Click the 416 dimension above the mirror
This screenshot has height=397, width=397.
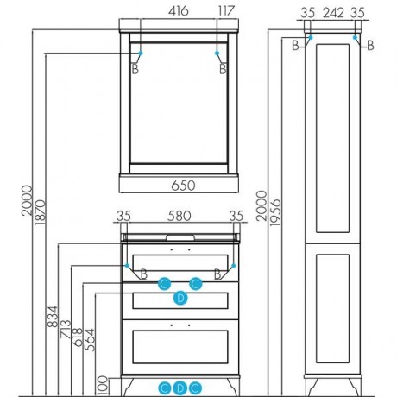(x=179, y=11)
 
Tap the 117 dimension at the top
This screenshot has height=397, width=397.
(x=226, y=11)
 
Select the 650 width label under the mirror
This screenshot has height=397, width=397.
(x=183, y=186)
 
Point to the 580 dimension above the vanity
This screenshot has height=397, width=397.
(x=180, y=216)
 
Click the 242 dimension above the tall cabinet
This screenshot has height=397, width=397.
(x=333, y=13)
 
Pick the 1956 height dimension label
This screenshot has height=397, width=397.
(x=275, y=212)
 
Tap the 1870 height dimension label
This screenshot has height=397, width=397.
(x=40, y=212)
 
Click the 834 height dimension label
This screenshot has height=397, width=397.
(x=53, y=317)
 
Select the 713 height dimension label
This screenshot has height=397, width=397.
(x=66, y=329)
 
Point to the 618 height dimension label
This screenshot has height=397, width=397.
(x=78, y=337)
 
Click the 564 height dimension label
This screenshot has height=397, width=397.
(x=90, y=340)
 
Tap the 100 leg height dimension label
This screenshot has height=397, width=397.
(x=103, y=386)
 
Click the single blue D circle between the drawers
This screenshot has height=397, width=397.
(x=180, y=298)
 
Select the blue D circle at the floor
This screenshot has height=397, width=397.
(x=180, y=388)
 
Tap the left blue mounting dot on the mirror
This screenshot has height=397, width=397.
(x=141, y=53)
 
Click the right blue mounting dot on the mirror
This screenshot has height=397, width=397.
(x=217, y=53)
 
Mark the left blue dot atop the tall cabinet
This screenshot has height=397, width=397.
(x=311, y=37)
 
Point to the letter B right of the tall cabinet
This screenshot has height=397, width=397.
(x=370, y=46)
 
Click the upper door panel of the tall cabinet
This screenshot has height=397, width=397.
(x=332, y=138)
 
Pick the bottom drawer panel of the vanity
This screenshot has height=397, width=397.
(x=180, y=347)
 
